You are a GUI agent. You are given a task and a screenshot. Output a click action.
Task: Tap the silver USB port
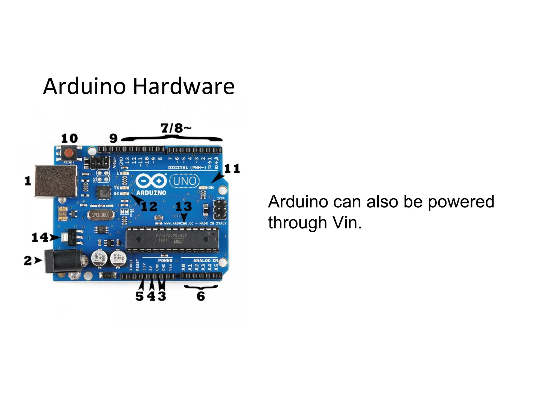56,181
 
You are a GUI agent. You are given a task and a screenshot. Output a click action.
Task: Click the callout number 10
69,138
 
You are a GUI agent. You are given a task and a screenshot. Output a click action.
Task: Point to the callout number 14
40,237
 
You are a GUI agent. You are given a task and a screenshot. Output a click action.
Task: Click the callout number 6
201,296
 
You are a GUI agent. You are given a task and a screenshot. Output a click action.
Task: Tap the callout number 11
232,169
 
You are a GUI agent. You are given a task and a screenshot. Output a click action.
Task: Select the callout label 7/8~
176,128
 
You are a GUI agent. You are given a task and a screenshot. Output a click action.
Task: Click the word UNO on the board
185,181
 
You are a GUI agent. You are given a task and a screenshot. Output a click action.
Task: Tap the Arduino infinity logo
151,181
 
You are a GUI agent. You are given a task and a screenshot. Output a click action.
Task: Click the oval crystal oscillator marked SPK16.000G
100,215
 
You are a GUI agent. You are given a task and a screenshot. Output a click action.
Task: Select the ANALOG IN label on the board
206,260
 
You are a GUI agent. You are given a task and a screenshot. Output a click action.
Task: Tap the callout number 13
183,206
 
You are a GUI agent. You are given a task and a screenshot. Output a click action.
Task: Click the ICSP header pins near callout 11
220,210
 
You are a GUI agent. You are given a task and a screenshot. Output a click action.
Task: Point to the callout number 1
28,181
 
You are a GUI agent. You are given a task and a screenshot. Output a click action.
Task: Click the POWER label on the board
165,260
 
